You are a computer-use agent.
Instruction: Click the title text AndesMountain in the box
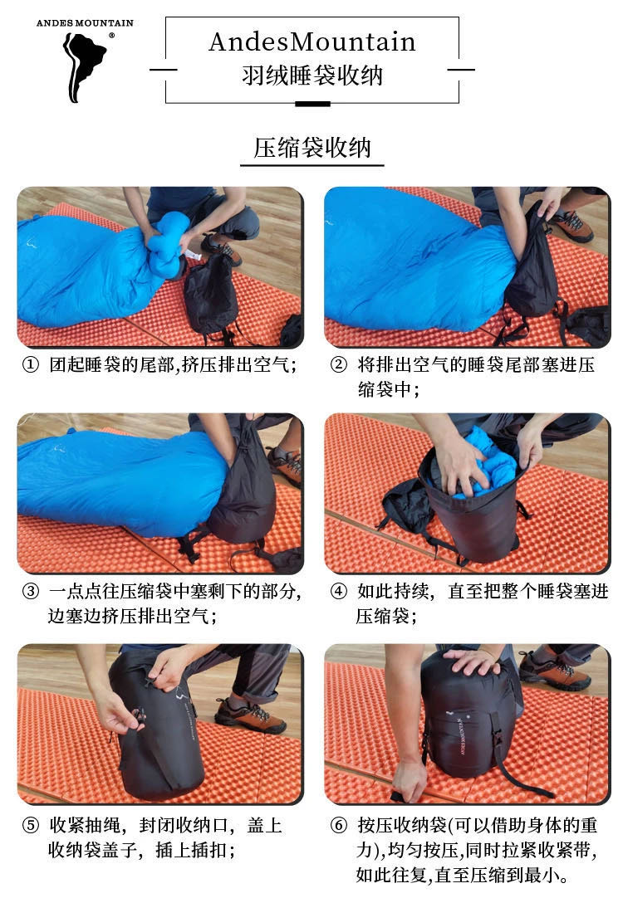point(311,41)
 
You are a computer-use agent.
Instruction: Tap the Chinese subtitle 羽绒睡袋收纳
point(311,76)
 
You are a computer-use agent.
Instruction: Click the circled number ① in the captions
point(30,366)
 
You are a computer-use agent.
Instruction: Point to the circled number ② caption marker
point(338,366)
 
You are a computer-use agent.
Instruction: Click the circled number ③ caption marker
point(30,593)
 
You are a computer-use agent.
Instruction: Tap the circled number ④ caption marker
point(338,593)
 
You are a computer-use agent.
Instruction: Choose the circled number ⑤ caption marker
point(30,827)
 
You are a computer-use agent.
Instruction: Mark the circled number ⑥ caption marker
point(338,827)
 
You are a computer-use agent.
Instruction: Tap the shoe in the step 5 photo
point(249,715)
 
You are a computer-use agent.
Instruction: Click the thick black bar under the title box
point(312,104)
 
